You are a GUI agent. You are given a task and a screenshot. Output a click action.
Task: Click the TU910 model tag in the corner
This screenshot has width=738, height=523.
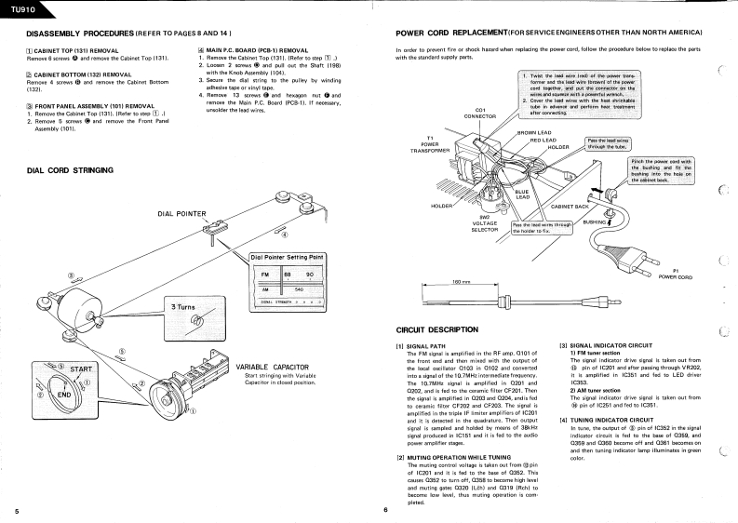point(17,7)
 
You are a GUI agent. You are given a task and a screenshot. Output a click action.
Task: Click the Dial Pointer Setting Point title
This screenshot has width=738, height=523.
point(288,257)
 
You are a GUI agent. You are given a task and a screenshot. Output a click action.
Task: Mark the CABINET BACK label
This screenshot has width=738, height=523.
point(570,206)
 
